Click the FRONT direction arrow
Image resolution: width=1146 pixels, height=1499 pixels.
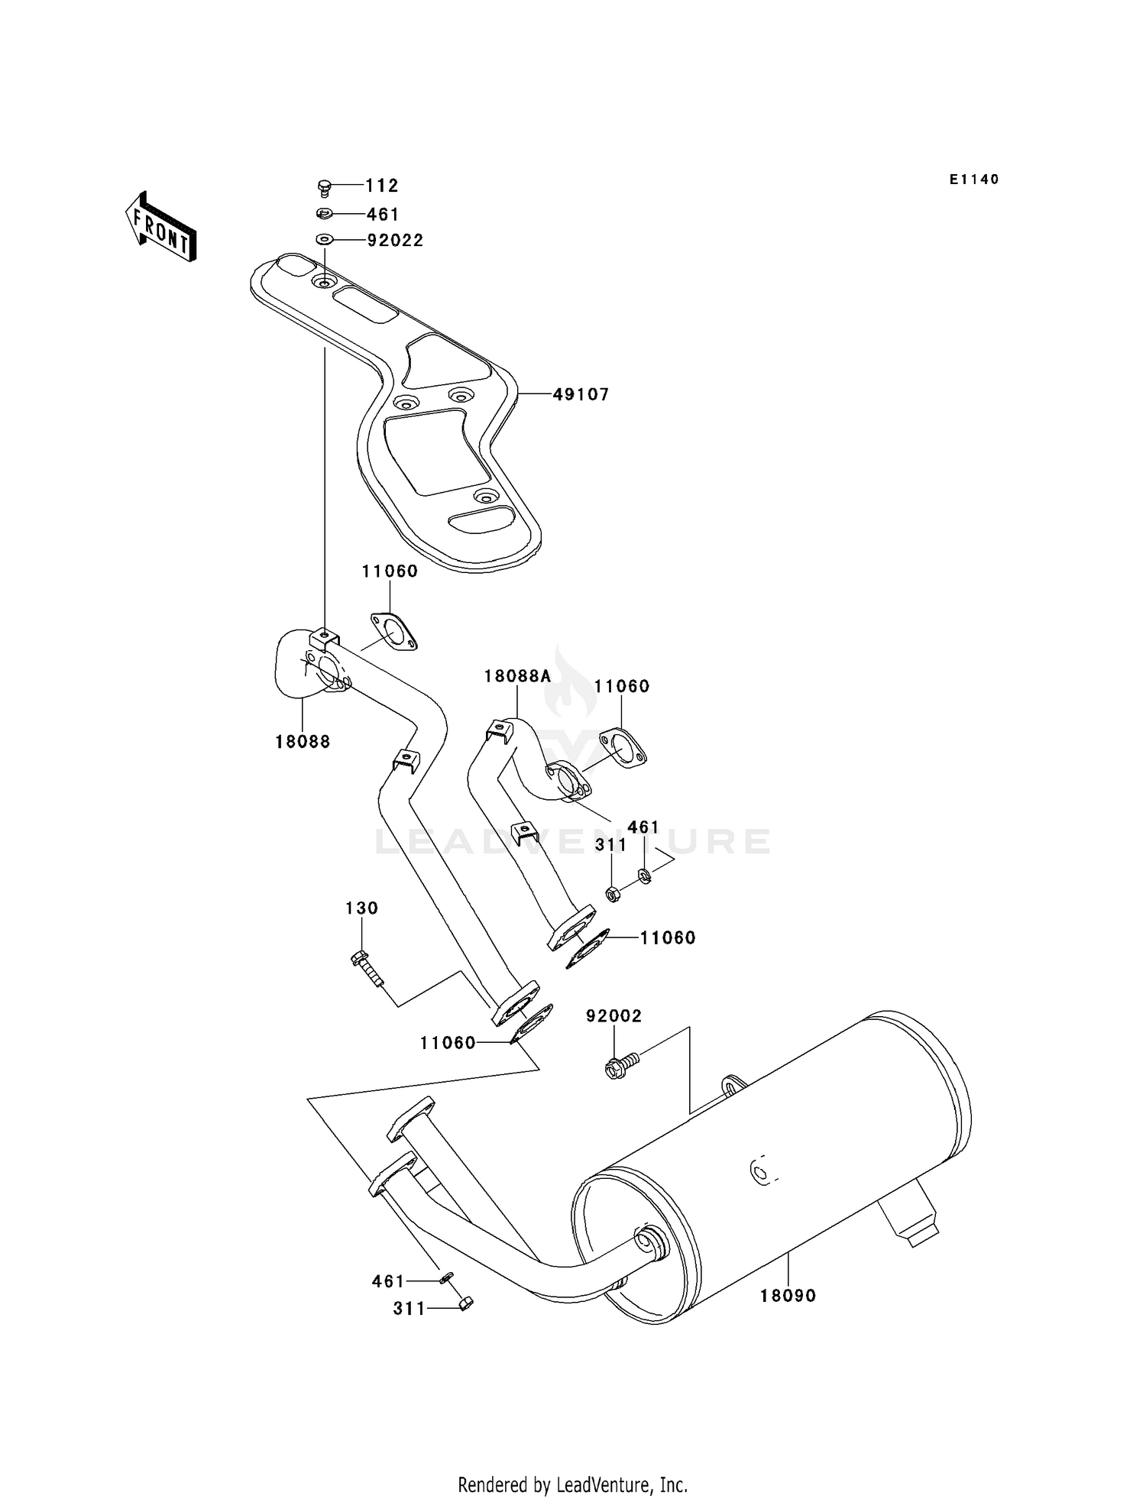[160, 227]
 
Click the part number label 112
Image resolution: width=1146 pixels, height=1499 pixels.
[381, 186]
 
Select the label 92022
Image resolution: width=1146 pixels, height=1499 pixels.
[395, 241]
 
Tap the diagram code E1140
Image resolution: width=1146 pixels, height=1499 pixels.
[974, 180]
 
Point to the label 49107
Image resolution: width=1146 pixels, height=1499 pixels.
[581, 395]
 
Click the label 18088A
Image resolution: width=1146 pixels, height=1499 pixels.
[517, 676]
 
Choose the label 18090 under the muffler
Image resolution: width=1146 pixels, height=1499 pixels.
[788, 1296]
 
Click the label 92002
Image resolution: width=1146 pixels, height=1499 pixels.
[613, 1016]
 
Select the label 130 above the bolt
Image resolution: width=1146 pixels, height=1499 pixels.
[361, 908]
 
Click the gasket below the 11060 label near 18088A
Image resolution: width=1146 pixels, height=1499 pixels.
[622, 747]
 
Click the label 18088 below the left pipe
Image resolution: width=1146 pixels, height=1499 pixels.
[303, 742]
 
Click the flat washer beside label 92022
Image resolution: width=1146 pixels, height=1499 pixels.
[324, 240]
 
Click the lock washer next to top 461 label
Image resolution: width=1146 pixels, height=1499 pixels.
[324, 214]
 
